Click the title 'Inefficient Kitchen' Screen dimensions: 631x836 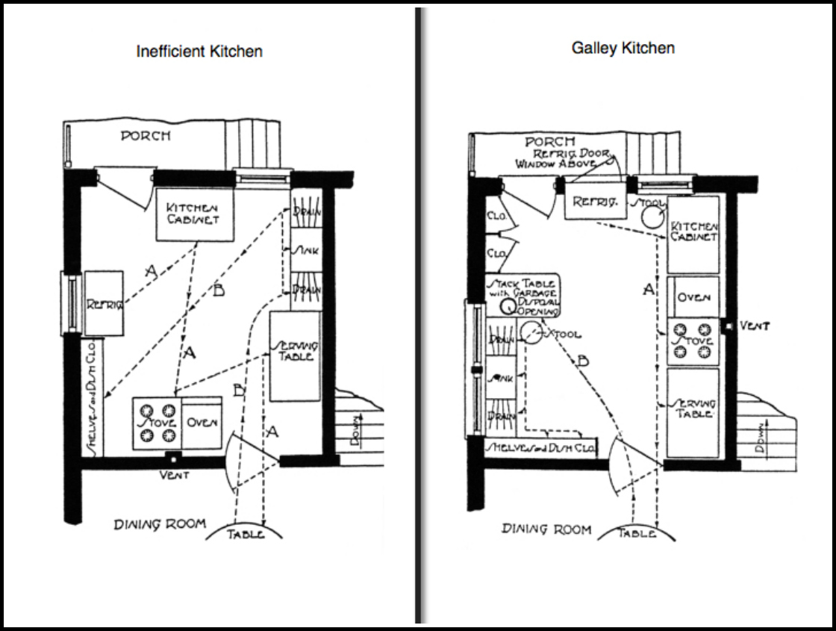click(199, 52)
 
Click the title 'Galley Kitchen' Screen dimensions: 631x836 click(623, 48)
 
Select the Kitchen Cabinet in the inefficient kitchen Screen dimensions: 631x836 click(193, 214)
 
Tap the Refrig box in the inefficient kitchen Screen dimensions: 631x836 click(103, 303)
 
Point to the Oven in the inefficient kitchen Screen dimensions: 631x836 click(202, 423)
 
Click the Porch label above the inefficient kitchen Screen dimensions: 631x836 click(145, 136)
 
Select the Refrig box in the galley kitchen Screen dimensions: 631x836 click(593, 202)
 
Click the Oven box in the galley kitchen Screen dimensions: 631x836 click(693, 296)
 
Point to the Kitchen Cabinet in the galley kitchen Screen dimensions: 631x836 click(693, 232)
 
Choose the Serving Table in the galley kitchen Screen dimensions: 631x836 click(693, 410)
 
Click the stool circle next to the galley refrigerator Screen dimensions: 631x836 click(652, 217)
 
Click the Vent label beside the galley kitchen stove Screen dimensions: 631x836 click(755, 326)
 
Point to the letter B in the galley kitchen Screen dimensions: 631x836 click(583, 361)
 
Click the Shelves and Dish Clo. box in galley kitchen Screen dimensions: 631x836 click(541, 448)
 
